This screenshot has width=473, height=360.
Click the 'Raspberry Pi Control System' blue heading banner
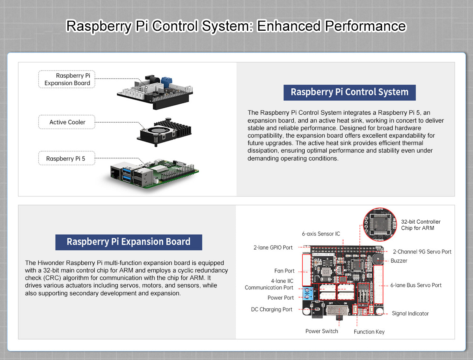tap(349, 92)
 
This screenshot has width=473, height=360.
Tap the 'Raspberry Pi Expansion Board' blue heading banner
tap(128, 242)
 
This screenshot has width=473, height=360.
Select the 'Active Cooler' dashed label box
tap(67, 122)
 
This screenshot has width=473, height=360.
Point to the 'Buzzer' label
tap(399, 261)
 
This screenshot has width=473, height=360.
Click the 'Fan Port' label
tap(284, 271)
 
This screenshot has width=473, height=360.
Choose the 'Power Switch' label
tap(322, 331)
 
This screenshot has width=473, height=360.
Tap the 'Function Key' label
tap(369, 332)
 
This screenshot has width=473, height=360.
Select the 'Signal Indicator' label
tap(410, 313)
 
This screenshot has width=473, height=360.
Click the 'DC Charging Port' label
tap(272, 310)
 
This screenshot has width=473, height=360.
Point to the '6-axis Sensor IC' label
tap(321, 234)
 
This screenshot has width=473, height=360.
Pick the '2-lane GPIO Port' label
tap(273, 248)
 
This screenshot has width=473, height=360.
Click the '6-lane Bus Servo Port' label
tap(416, 285)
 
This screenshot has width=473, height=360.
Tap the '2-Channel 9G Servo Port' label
tap(422, 252)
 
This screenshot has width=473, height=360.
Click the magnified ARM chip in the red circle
tap(379, 225)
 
